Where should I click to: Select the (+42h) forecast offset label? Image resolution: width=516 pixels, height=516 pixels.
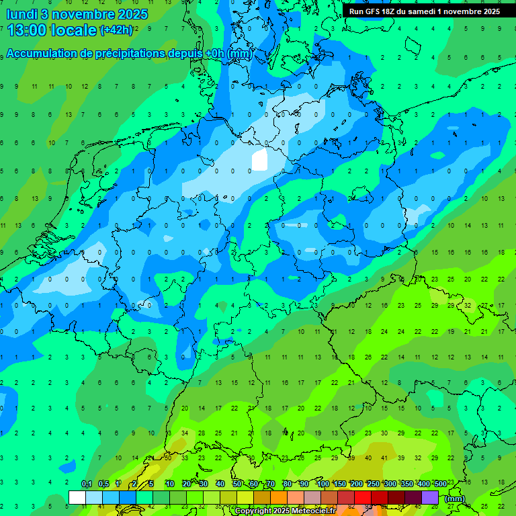[x=116, y=30]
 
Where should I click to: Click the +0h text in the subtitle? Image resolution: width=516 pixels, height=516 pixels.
[x=216, y=54]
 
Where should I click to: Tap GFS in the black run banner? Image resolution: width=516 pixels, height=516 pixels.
[x=372, y=11]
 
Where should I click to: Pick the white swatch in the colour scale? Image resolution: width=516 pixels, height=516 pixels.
[x=77, y=497]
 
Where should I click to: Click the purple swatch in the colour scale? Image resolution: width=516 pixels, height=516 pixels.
[x=430, y=497]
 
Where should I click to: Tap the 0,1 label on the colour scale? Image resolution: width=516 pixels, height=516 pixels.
[x=87, y=484]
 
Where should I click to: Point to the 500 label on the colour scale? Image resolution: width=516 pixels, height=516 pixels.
[x=441, y=484]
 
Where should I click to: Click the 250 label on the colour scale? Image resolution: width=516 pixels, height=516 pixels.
[x=374, y=484]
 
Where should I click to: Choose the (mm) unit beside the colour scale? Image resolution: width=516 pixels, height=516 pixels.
[x=455, y=499]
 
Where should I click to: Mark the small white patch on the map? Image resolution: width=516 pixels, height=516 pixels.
[x=259, y=161]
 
